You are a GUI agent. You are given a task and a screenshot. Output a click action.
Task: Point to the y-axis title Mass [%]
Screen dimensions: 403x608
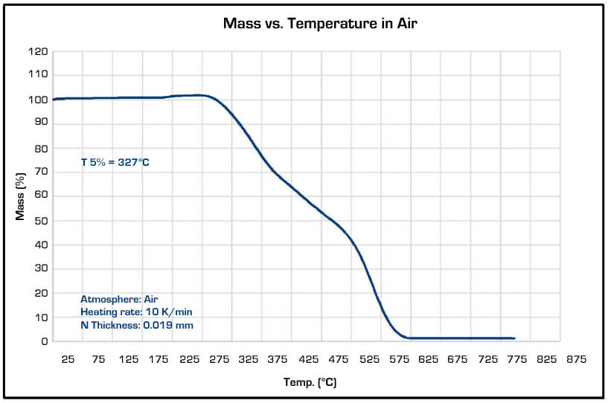tap(21, 196)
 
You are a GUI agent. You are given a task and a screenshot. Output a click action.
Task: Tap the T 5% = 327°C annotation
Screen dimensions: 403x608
tap(115, 162)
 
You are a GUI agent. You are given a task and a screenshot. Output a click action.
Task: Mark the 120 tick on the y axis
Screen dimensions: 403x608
tap(39, 52)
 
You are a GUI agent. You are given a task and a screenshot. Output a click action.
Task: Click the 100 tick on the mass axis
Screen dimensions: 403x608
tap(39, 100)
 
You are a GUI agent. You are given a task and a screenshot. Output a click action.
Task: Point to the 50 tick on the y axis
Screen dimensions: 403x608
tap(42, 221)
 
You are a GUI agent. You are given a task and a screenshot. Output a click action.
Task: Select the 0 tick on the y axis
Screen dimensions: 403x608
tap(45, 341)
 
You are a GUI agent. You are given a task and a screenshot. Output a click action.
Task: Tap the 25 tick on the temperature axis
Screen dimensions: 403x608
tap(68, 360)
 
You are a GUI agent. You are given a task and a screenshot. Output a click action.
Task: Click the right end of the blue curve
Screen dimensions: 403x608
tap(514, 338)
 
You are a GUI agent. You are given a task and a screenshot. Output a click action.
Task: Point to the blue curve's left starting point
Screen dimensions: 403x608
tap(53, 100)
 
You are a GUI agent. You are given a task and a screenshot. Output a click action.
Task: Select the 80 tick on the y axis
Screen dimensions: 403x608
tap(42, 149)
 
